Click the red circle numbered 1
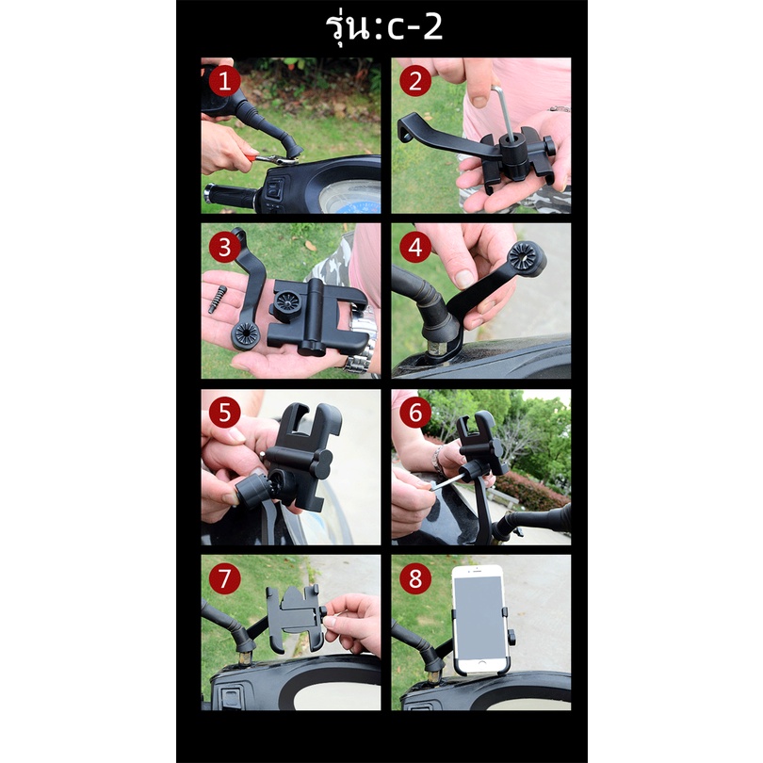point(224,81)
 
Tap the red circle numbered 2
point(415,81)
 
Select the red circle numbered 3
point(224,247)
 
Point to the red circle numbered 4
point(415,247)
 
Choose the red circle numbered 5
point(224,413)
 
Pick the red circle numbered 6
point(415,413)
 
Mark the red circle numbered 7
point(224,579)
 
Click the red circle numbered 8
point(415,579)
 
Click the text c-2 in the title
point(415,28)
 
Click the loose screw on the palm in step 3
point(218,300)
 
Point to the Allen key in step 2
point(504,110)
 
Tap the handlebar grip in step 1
point(229,196)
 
